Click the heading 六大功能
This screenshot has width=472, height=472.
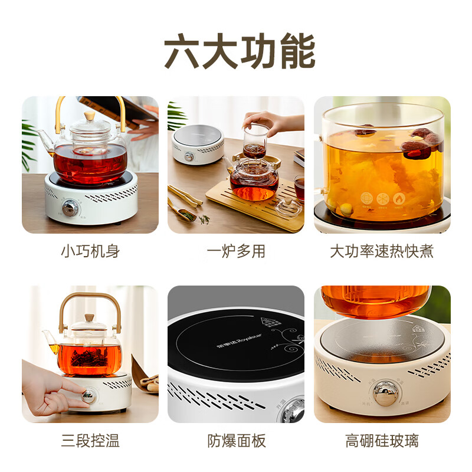click(x=236, y=51)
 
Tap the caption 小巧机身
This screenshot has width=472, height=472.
click(x=90, y=251)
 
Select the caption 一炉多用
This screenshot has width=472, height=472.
click(x=236, y=251)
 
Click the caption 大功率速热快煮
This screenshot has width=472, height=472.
click(x=382, y=251)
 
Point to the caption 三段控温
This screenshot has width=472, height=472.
click(x=90, y=440)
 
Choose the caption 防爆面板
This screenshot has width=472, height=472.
click(x=236, y=440)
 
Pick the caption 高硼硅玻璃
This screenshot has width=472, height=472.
click(x=382, y=440)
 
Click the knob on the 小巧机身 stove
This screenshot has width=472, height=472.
click(x=70, y=208)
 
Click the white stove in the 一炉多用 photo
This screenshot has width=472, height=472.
click(x=198, y=145)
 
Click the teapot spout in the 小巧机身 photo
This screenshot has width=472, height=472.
click(x=42, y=139)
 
